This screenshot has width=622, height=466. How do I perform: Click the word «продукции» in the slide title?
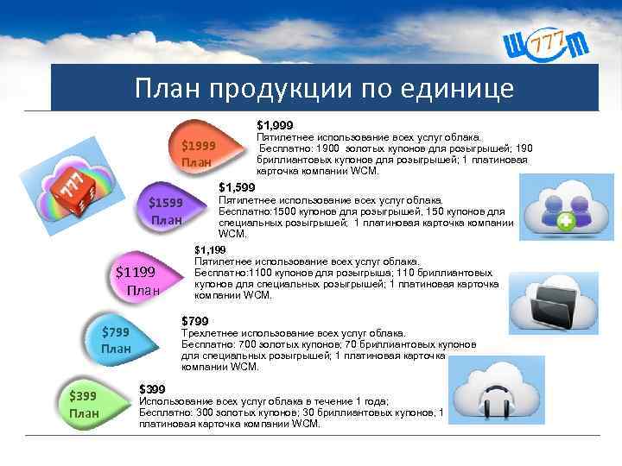point(278,88)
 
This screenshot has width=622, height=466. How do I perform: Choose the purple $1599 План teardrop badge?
point(168,211)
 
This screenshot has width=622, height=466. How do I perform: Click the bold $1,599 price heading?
point(237,187)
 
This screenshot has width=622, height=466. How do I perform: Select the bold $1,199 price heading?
point(210,250)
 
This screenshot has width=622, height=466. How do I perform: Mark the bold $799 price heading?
point(194,321)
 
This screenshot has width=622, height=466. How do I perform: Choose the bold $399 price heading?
point(152,389)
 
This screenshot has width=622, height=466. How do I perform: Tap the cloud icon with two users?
point(561,211)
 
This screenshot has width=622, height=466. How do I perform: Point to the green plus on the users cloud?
point(566,223)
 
